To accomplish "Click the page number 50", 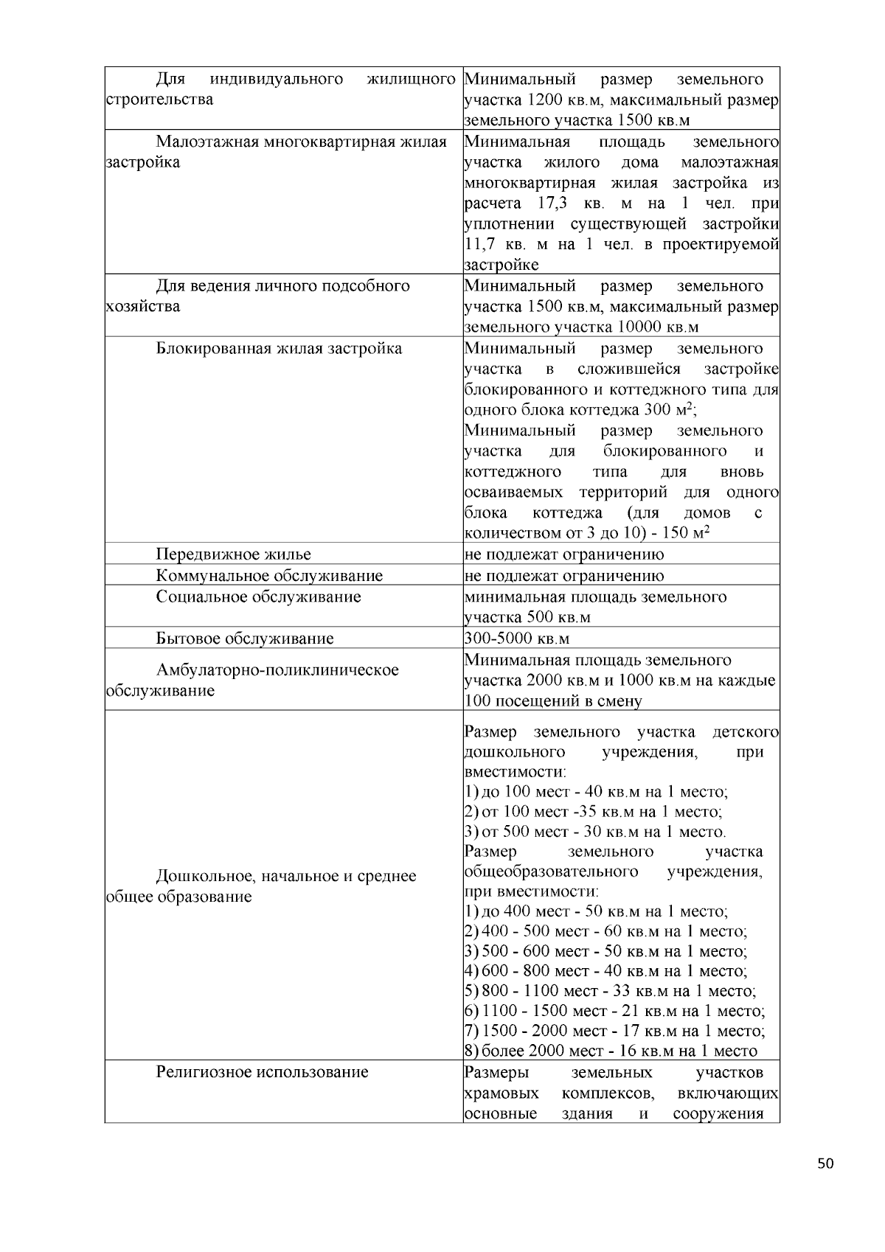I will click(x=825, y=1164).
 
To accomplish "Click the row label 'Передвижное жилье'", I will click(x=233, y=554).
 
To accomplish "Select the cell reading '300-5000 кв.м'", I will click(x=517, y=639).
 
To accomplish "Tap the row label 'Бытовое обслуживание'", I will click(x=244, y=639).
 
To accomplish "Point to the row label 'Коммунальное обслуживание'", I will click(x=269, y=576).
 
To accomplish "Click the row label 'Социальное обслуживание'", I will click(x=258, y=597).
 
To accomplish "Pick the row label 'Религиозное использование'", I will click(x=262, y=1071).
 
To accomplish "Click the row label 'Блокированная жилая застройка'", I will click(x=279, y=348).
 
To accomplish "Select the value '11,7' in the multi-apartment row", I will click(x=480, y=244).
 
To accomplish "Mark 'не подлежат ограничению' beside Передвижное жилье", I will click(x=564, y=554).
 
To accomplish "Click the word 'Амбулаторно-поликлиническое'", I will click(x=277, y=670).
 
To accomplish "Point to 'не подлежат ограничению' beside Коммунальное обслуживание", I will click(x=564, y=576).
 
